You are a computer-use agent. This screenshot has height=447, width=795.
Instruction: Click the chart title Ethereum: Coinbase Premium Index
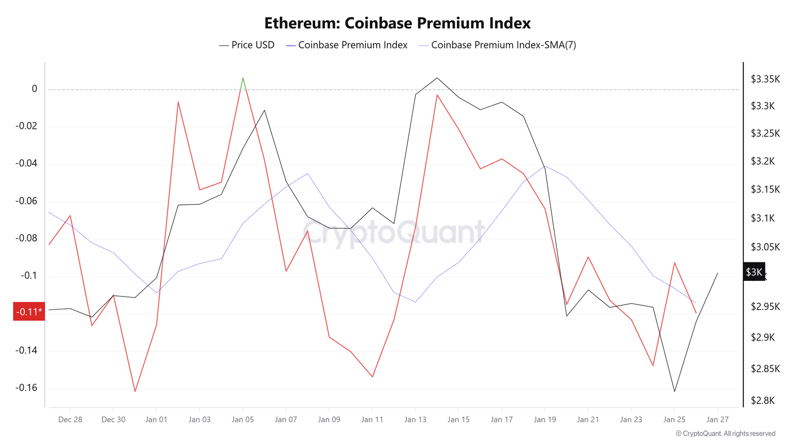pos(397,23)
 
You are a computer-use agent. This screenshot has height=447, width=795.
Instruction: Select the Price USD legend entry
pos(247,45)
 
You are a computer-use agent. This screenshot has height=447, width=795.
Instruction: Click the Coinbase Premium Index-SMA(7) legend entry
pos(497,45)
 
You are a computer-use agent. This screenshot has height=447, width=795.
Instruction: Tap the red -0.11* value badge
pos(29,312)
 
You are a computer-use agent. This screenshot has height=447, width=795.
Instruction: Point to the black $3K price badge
pos(754,272)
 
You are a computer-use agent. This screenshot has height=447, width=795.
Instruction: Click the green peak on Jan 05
pos(243,78)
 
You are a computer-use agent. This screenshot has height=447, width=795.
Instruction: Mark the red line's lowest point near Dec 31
pos(135,391)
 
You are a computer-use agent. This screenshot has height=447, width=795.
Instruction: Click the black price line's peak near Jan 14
pos(437,78)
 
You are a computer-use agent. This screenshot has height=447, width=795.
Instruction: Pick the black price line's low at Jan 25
pos(674,391)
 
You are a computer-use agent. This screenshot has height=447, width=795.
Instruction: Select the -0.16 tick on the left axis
pos(26,388)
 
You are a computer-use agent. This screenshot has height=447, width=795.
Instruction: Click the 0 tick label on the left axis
pos(35,89)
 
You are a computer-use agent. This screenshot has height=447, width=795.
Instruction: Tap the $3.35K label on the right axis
pos(765,79)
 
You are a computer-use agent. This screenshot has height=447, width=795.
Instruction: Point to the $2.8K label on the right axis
pos(762,400)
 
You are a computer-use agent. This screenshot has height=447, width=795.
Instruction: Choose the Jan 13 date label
pos(415,420)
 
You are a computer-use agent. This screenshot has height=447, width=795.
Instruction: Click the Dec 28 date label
pos(70,420)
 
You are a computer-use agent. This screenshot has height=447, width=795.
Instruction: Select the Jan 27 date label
pos(717,420)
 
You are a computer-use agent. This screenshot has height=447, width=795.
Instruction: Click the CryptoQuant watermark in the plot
pos(393,232)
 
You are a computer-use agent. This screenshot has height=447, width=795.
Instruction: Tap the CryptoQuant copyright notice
pos(725,434)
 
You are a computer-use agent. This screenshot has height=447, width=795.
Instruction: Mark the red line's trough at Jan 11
pos(372,377)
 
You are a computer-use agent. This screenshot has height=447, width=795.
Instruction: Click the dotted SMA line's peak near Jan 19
pos(545,166)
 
